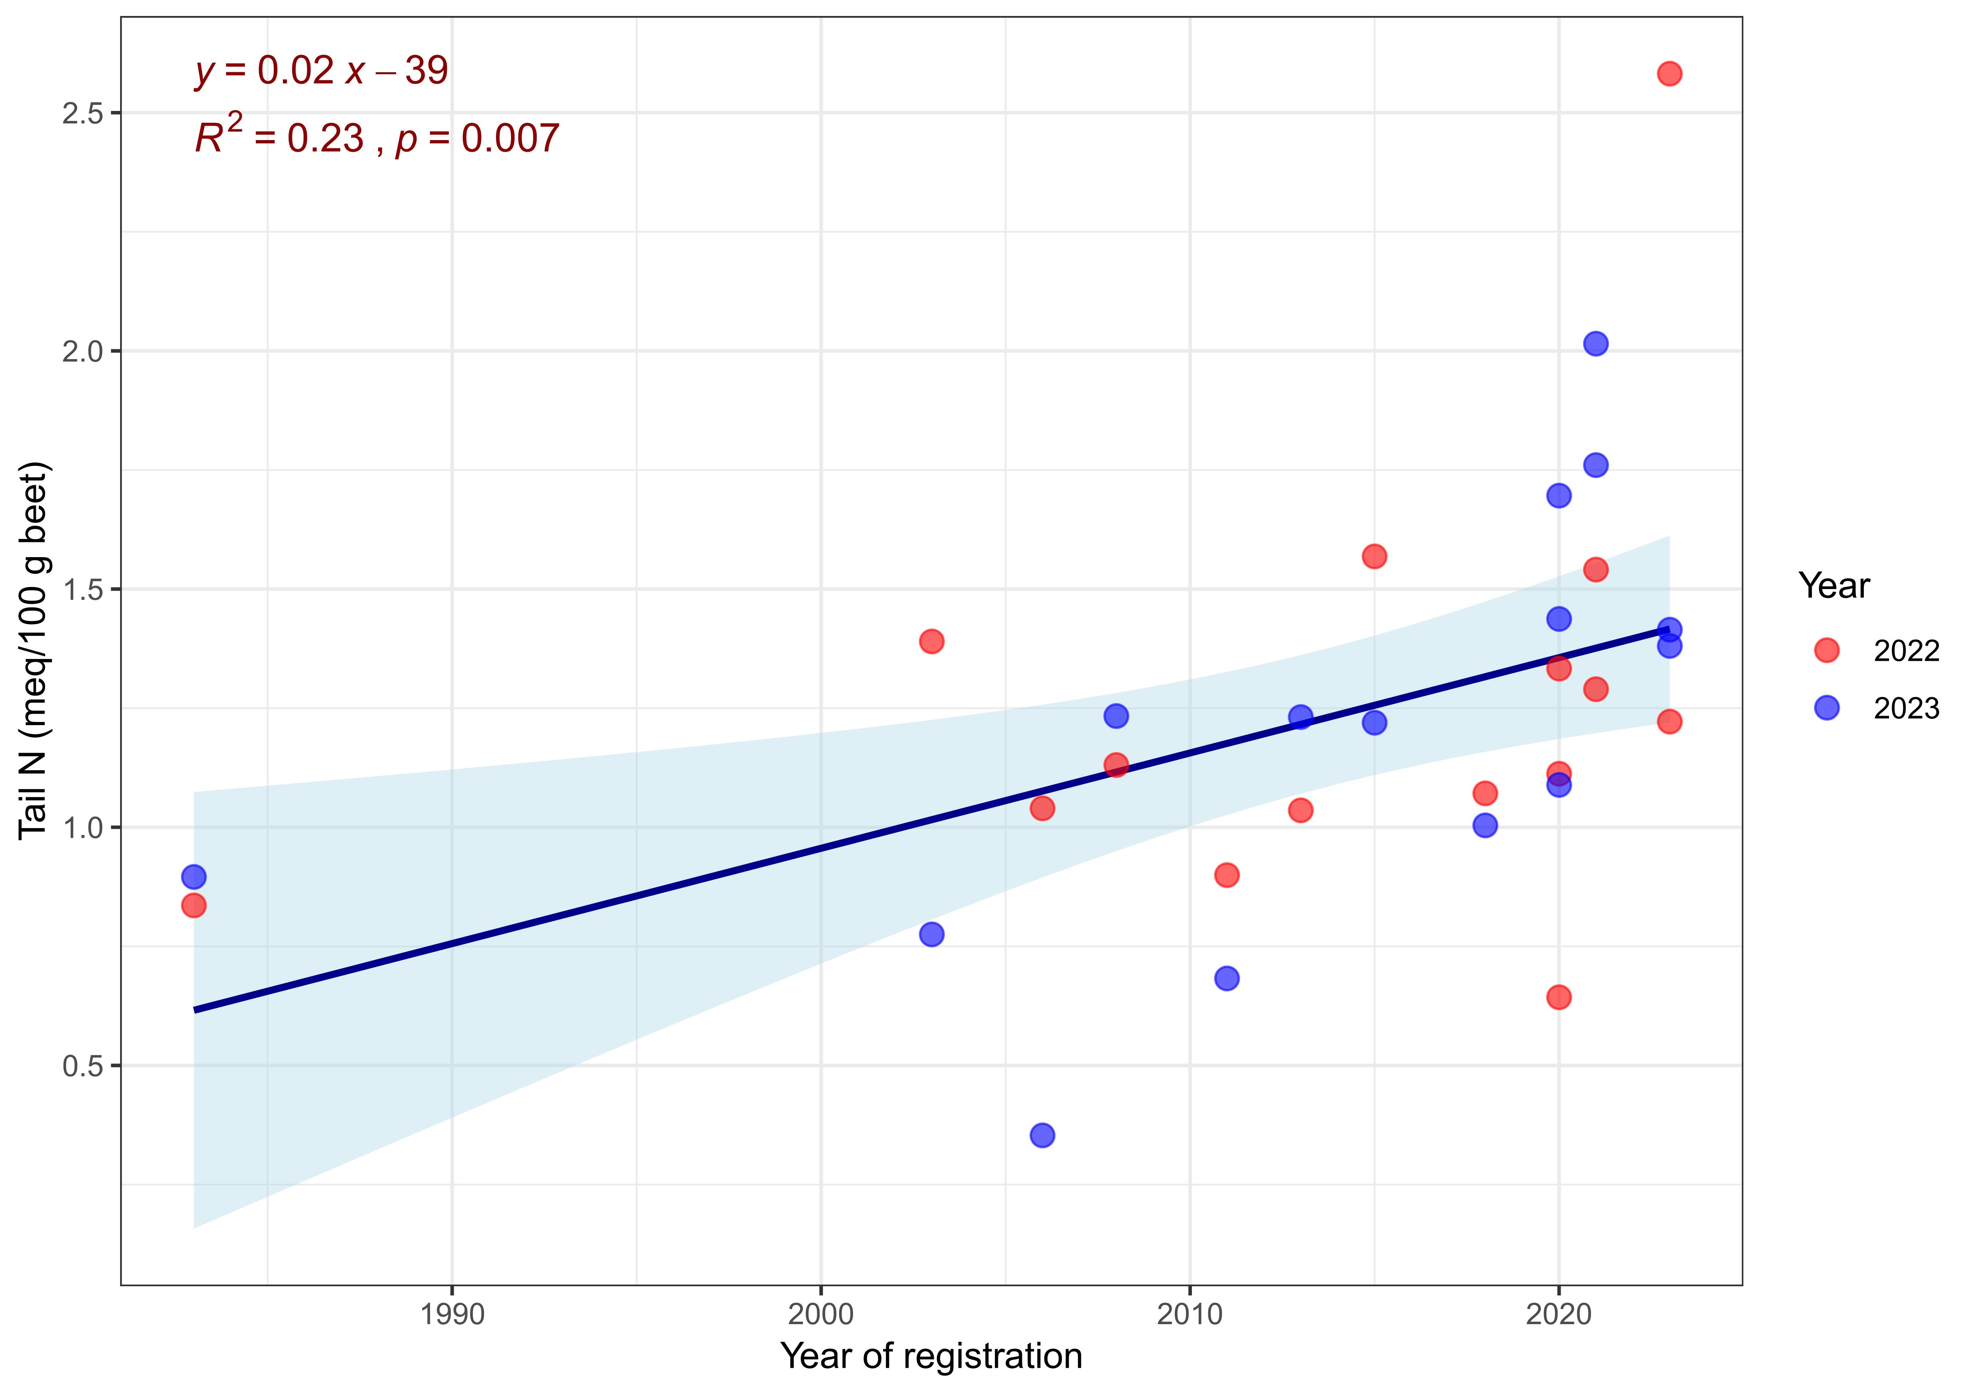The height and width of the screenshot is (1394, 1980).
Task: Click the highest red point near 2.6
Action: [x=1669, y=73]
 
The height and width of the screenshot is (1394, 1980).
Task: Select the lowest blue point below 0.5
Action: [x=1042, y=1135]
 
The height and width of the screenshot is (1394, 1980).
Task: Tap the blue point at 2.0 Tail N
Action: [x=1595, y=343]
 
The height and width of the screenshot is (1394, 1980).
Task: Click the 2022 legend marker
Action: [x=1826, y=651]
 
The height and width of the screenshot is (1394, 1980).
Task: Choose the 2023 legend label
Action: [x=1906, y=709]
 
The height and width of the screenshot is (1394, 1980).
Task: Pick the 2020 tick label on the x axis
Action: [x=1558, y=1315]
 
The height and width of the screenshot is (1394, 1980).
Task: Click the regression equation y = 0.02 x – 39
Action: [x=321, y=71]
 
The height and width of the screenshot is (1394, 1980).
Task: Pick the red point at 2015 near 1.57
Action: [x=1374, y=556]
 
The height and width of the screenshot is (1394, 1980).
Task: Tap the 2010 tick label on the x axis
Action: [x=1189, y=1315]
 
